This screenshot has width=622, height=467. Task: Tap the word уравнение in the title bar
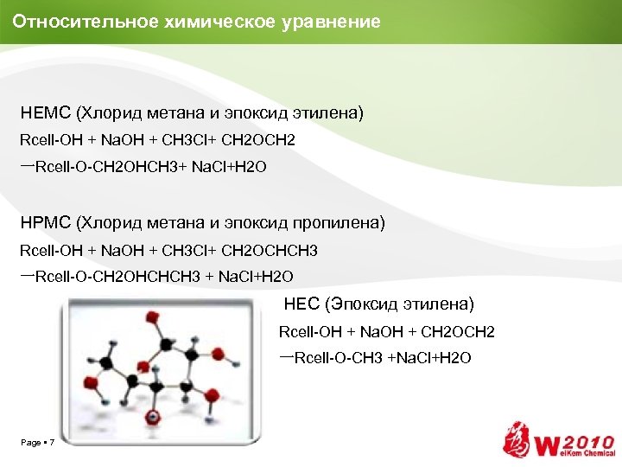[331, 22]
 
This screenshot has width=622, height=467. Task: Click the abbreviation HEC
[301, 304]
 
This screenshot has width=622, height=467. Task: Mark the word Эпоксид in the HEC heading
[359, 304]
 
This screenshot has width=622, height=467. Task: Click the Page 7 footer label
[38, 443]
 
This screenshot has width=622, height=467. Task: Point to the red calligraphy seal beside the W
[518, 440]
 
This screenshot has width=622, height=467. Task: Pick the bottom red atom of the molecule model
[152, 417]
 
